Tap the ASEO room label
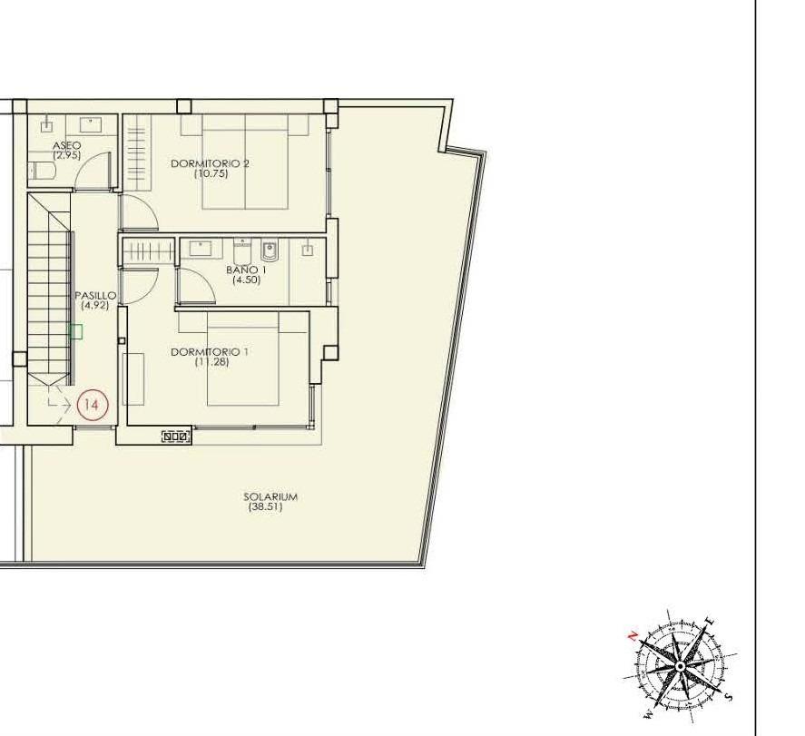pyautogui.click(x=67, y=145)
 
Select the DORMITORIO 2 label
pyautogui.click(x=210, y=163)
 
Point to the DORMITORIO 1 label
pyautogui.click(x=210, y=351)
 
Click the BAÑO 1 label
pyautogui.click(x=246, y=270)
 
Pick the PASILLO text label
pyautogui.click(x=94, y=295)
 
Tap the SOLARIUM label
pyautogui.click(x=270, y=496)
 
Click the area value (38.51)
pyautogui.click(x=265, y=507)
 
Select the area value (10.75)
pyautogui.click(x=211, y=173)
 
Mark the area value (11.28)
pyautogui.click(x=211, y=362)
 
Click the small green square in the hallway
pyautogui.click(x=76, y=332)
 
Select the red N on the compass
pyautogui.click(x=633, y=636)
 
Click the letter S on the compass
pyautogui.click(x=729, y=697)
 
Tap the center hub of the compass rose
pyautogui.click(x=680, y=667)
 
